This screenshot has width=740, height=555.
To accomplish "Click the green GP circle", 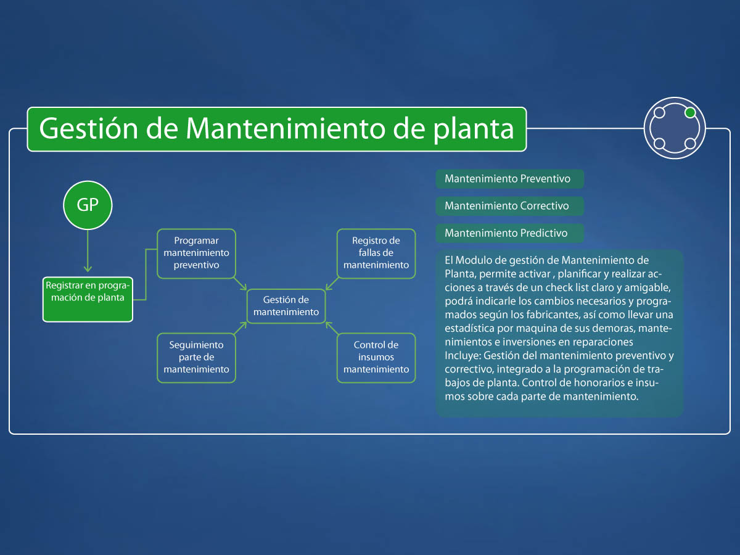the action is pyautogui.click(x=88, y=205).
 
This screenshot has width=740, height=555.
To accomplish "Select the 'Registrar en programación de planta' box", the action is pyautogui.click(x=88, y=299).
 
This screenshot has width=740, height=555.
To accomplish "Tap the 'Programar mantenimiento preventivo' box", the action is pyautogui.click(x=196, y=253).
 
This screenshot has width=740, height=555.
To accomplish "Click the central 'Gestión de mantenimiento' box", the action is pyautogui.click(x=286, y=306).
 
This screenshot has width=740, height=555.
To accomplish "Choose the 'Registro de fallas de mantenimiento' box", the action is pyautogui.click(x=376, y=253).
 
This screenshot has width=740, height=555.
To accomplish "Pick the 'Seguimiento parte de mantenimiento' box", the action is pyautogui.click(x=196, y=358).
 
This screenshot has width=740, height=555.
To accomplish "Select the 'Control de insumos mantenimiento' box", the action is pyautogui.click(x=376, y=358).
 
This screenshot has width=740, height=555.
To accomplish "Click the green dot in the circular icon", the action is pyautogui.click(x=690, y=113).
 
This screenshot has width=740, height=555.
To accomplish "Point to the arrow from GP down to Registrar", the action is pyautogui.click(x=88, y=251).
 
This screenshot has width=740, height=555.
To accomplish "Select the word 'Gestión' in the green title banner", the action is pyautogui.click(x=89, y=128).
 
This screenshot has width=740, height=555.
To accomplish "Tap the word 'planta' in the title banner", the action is pyautogui.click(x=474, y=129).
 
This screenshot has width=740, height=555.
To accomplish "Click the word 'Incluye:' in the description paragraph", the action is pyautogui.click(x=462, y=356).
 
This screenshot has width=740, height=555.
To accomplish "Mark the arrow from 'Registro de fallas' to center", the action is pyautogui.click(x=332, y=283).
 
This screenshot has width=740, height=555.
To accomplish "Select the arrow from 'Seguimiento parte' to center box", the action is pyautogui.click(x=240, y=328).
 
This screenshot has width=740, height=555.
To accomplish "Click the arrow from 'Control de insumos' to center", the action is pyautogui.click(x=332, y=328).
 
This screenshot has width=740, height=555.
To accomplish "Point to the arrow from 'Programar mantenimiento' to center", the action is pyautogui.click(x=240, y=283).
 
